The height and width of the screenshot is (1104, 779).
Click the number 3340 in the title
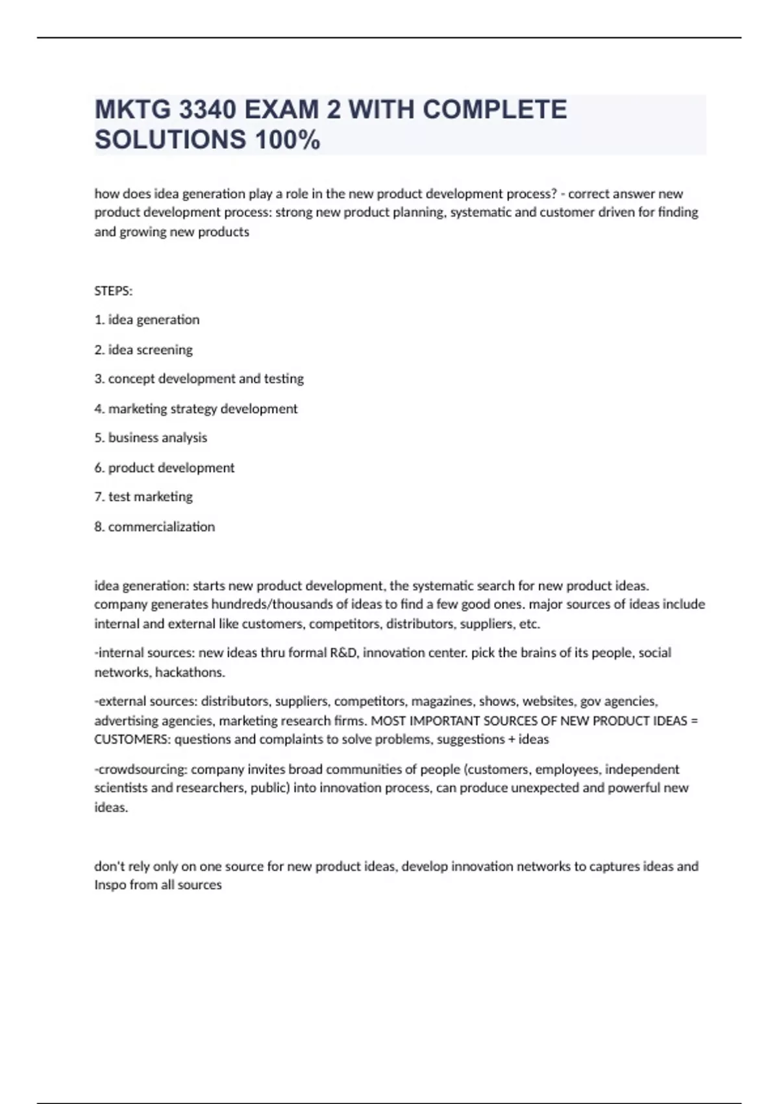point(207,110)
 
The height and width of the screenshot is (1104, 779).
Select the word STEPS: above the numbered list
point(114,291)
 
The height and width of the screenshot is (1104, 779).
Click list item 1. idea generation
point(147,320)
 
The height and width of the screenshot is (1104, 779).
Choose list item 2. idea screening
point(143,350)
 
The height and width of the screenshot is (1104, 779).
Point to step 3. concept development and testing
point(199,379)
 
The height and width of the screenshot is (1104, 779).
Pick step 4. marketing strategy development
point(196,409)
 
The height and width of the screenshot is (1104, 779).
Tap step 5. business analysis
point(151,438)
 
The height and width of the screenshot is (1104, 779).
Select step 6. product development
point(164,468)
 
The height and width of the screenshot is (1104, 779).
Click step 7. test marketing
point(143,497)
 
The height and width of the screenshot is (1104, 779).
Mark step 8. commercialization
point(155,527)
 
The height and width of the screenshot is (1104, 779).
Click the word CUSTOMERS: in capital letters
point(132,740)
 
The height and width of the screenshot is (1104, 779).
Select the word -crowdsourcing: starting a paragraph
point(141,770)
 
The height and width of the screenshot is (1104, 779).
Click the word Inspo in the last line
point(110,885)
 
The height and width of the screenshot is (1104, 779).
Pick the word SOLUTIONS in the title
point(171,140)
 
